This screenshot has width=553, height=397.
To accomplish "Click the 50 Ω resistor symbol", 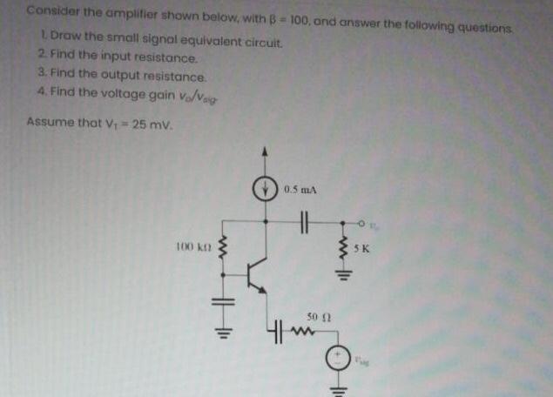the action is pyautogui.click(x=304, y=331).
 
